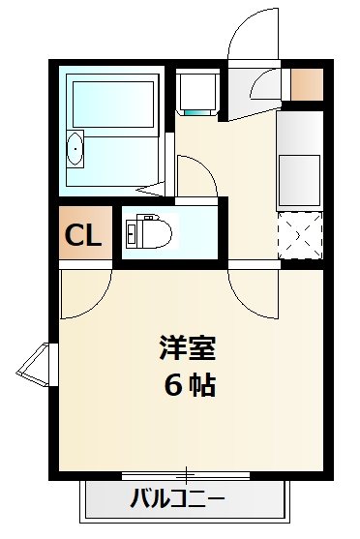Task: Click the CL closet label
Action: [82, 236]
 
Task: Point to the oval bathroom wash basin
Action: [75, 151]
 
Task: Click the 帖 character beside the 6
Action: [202, 384]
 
